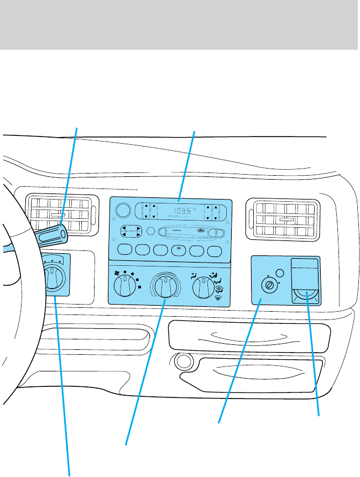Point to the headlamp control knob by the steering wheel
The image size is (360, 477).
coord(53,278)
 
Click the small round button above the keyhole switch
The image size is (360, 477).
coord(280,273)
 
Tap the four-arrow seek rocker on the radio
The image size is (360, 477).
coord(131,231)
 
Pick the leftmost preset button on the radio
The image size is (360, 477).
coord(124,249)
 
